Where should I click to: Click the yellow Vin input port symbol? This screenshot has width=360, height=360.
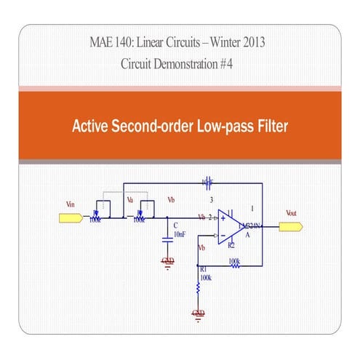tap(65, 217)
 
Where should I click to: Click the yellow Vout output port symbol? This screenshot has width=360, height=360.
tap(293, 226)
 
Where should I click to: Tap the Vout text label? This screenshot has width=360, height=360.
tap(291, 213)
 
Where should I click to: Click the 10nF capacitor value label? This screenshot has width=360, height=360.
tap(180, 234)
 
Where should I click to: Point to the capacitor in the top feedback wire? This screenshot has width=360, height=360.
tap(207, 180)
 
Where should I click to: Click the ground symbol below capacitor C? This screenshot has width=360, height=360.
tap(168, 261)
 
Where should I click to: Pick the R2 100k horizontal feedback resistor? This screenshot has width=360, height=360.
tap(235, 265)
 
